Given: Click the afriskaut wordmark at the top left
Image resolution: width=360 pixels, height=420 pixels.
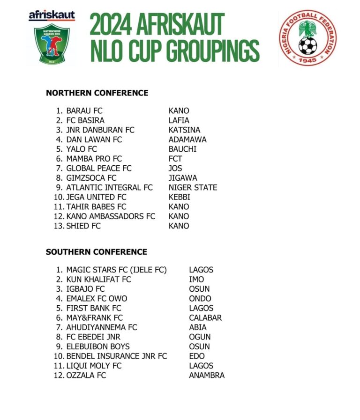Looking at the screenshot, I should tap(52, 16).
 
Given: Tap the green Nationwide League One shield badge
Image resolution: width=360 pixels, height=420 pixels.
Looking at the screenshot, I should tap(52, 44).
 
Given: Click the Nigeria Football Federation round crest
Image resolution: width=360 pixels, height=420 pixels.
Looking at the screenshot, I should tap(307, 38).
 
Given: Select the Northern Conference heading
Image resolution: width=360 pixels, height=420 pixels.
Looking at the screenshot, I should tap(97, 93).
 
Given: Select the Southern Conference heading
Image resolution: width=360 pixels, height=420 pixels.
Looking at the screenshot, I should tap(97, 252).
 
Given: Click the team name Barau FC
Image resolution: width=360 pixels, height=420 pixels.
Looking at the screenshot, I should tap(84, 111).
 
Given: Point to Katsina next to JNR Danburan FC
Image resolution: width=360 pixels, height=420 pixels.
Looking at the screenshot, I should tap(184, 130).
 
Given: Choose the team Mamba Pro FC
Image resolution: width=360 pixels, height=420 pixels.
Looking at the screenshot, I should tap(94, 159).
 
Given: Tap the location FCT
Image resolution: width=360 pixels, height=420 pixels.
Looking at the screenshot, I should tap(175, 159).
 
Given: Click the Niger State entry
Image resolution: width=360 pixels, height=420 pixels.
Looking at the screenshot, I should tap(193, 187).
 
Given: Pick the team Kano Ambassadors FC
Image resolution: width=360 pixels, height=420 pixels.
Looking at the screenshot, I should tap(111, 216).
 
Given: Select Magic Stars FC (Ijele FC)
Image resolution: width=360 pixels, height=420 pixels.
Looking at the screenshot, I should tap(116, 270).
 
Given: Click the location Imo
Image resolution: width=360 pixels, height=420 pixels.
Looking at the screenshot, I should tap(196, 280).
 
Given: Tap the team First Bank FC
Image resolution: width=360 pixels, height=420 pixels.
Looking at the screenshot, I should tap(94, 308).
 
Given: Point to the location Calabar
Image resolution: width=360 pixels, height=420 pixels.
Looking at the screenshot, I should tap(205, 317).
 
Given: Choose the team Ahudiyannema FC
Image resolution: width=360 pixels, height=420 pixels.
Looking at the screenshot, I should tap(102, 327).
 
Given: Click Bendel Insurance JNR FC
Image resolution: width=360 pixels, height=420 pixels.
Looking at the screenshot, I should tap(116, 356).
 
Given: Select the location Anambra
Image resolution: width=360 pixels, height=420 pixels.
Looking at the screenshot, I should tap(207, 375).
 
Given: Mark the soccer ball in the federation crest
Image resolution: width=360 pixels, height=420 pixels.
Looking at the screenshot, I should tap(307, 45).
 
